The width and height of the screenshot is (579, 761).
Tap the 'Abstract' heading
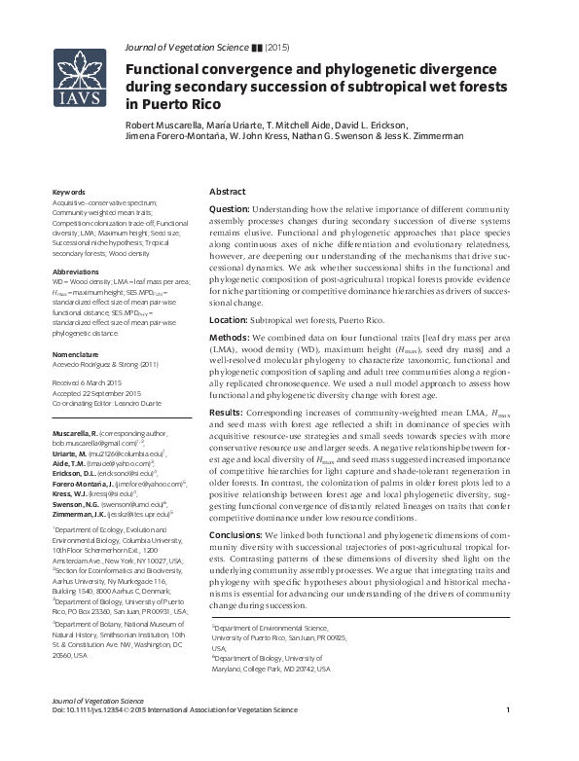[228, 192]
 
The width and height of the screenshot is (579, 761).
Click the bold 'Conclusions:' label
[239, 534]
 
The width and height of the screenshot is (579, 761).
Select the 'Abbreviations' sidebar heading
[76, 272]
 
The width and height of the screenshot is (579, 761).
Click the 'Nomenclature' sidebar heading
[77, 356]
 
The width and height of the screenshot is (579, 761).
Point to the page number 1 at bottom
[509, 738]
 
